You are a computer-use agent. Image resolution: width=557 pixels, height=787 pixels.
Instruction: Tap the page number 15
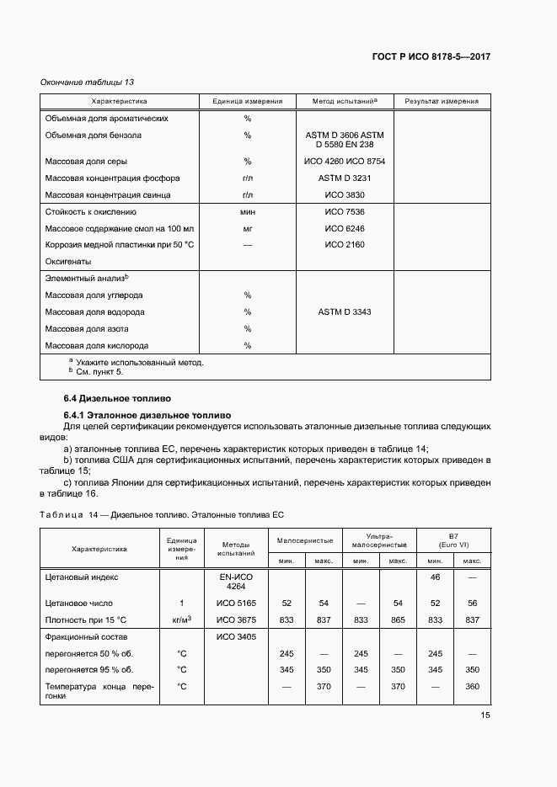coord(485,715)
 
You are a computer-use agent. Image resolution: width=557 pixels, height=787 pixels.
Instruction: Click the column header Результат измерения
coord(442,101)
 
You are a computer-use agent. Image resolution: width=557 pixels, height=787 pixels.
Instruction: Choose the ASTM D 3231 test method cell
coord(345,178)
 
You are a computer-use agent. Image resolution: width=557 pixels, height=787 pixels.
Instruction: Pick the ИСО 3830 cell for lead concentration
coord(345,195)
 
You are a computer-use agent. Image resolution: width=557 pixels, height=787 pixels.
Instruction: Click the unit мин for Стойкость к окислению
coord(248,212)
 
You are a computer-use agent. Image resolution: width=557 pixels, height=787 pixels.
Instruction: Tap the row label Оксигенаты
coord(68,261)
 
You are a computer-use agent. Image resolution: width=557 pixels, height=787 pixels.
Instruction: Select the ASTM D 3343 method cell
coord(345,312)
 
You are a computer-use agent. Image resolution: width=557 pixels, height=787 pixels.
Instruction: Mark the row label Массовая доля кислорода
coord(97,346)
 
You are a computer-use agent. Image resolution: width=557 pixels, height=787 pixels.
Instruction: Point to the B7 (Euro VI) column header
coord(453,540)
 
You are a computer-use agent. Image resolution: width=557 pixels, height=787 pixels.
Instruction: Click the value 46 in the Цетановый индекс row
coord(436,578)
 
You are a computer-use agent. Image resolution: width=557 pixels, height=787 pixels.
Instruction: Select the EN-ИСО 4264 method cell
coord(236,582)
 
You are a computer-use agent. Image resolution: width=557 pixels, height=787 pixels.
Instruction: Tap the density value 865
coord(399,619)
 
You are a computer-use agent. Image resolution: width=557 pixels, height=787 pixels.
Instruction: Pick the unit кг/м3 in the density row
coord(181,619)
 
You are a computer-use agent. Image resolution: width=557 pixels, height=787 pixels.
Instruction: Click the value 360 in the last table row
coord(473,687)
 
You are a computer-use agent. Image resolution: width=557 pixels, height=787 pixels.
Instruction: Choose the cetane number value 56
coord(473,604)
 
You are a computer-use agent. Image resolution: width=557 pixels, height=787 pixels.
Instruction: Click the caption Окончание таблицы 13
coord(88,82)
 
